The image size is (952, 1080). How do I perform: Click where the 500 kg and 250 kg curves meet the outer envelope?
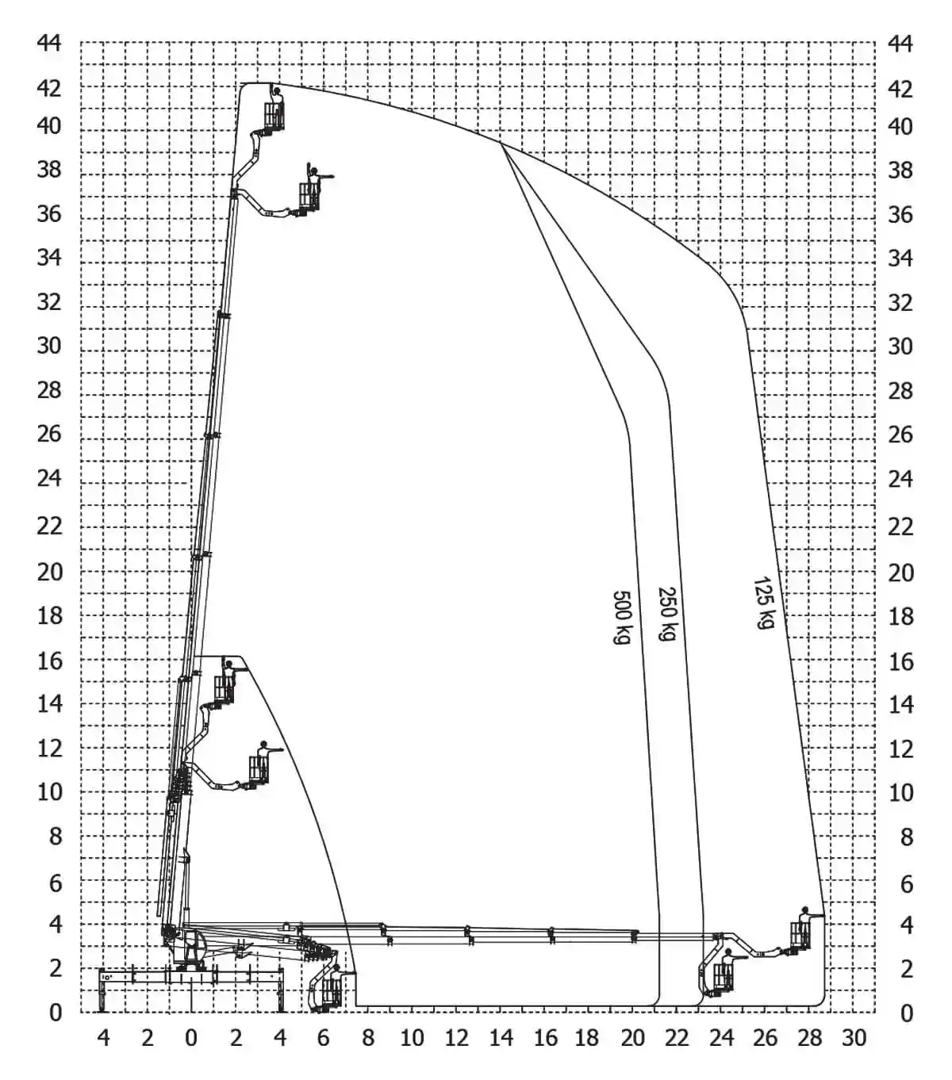click(x=501, y=142)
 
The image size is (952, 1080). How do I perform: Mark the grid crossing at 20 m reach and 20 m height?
click(x=632, y=572)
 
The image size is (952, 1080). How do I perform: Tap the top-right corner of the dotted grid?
click(x=875, y=42)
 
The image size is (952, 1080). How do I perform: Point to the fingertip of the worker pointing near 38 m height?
click(x=333, y=176)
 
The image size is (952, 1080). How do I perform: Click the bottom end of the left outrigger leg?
click(x=102, y=1011)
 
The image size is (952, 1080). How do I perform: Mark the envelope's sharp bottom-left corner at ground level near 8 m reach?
click(x=356, y=1006)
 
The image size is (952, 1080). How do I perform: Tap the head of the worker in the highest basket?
click(x=276, y=91)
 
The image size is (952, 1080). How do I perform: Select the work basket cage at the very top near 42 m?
click(x=274, y=115)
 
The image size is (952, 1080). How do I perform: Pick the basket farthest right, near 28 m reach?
click(x=800, y=935)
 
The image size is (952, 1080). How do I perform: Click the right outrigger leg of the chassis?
click(x=280, y=990)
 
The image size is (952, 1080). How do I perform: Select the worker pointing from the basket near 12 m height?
click(x=265, y=759)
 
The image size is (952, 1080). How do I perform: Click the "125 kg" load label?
click(x=763, y=603)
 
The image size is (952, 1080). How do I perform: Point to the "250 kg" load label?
click(x=667, y=614)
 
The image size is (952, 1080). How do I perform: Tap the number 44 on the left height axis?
click(x=49, y=43)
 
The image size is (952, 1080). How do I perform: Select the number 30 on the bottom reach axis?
click(x=854, y=1037)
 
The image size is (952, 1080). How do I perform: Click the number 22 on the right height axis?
click(x=900, y=527)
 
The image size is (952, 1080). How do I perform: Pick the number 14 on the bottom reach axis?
click(x=501, y=1037)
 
